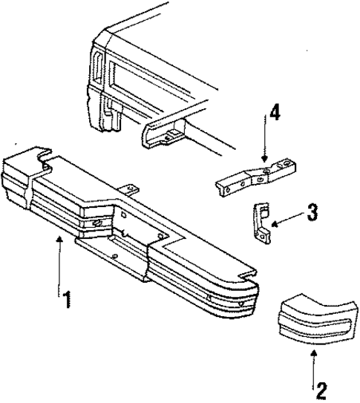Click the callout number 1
coord(67,300)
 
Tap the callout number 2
coord(321,387)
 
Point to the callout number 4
coord(275,114)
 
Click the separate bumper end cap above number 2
coord(312,319)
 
